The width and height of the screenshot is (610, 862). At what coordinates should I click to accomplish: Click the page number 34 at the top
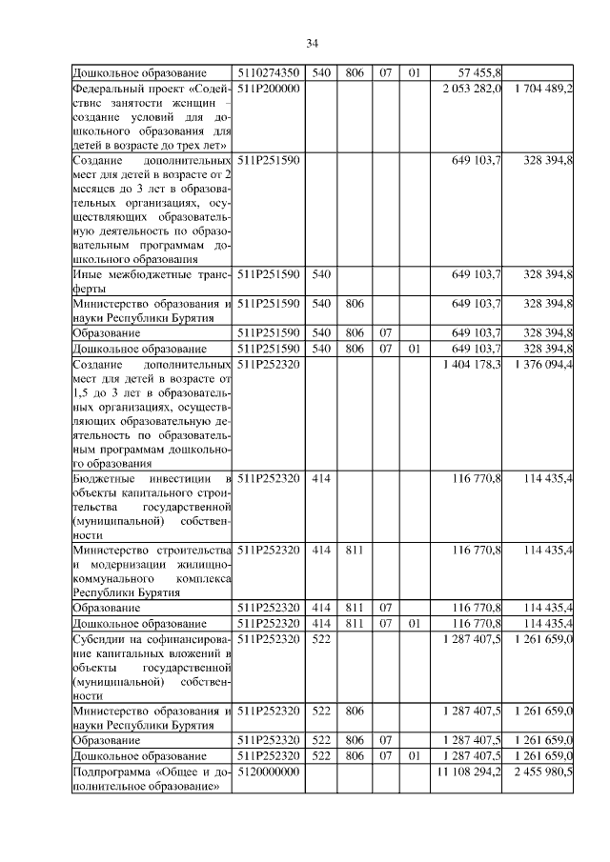pos(312,43)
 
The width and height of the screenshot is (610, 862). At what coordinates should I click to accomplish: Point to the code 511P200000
pos(269,88)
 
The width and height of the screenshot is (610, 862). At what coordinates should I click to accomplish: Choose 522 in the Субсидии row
pos(321,640)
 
